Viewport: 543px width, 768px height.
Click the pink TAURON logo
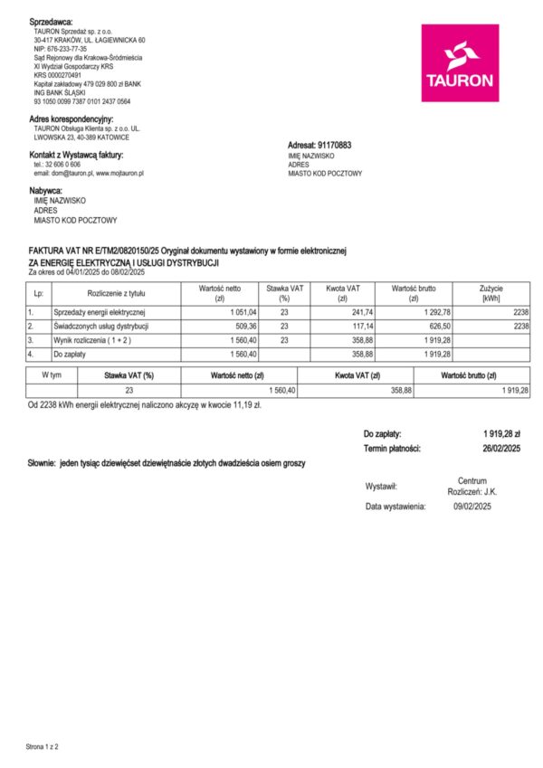(x=460, y=62)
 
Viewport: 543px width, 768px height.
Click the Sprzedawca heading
(x=51, y=21)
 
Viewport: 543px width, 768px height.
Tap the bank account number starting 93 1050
(x=82, y=101)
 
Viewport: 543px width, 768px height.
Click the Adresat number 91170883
(x=332, y=145)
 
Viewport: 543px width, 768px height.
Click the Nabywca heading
(x=46, y=191)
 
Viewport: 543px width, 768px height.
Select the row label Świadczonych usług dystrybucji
(x=100, y=326)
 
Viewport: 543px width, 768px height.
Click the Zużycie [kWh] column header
(x=491, y=292)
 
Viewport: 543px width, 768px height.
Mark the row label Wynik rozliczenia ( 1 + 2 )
(x=91, y=339)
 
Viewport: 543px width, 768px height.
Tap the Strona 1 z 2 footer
(x=42, y=747)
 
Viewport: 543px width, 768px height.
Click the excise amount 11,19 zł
(x=245, y=405)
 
